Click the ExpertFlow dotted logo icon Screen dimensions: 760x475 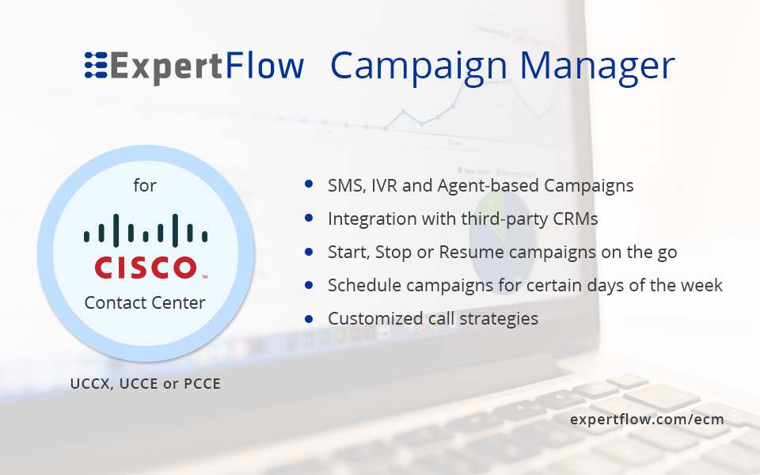pyautogui.click(x=96, y=65)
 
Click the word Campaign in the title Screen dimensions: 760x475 pyautogui.click(x=419, y=66)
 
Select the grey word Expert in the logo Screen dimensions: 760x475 pyautogui.click(x=166, y=66)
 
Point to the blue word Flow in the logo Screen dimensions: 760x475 pyautogui.click(x=264, y=65)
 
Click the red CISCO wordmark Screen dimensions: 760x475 pyautogui.click(x=146, y=268)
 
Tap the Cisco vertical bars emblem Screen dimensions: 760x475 pyautogui.click(x=146, y=230)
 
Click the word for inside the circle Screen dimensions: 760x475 pyautogui.click(x=145, y=185)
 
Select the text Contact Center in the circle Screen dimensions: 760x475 pyautogui.click(x=145, y=302)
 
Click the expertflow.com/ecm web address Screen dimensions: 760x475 pyautogui.click(x=647, y=420)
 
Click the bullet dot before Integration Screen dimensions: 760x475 pyautogui.click(x=309, y=218)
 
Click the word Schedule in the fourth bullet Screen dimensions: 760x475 pyautogui.click(x=364, y=286)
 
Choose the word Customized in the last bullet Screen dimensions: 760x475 pyautogui.click(x=375, y=318)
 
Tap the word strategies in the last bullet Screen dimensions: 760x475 pyautogui.click(x=499, y=319)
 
